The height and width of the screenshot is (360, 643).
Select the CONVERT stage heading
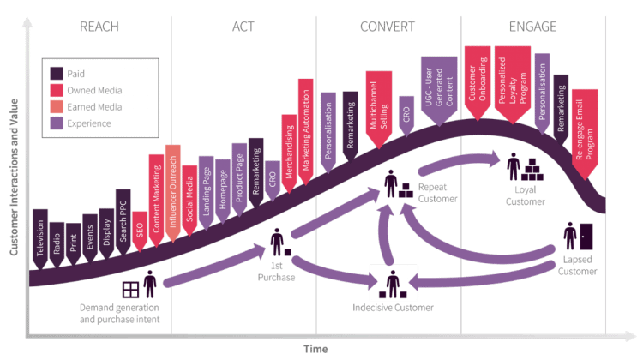pos(388,26)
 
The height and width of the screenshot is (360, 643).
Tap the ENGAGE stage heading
pos(532,26)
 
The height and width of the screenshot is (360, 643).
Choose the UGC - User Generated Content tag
pos(438,90)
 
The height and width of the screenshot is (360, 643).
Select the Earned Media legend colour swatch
pos(58,107)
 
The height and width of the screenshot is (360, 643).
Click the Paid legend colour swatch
pos(58,73)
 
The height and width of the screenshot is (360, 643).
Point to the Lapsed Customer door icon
pos(586,237)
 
